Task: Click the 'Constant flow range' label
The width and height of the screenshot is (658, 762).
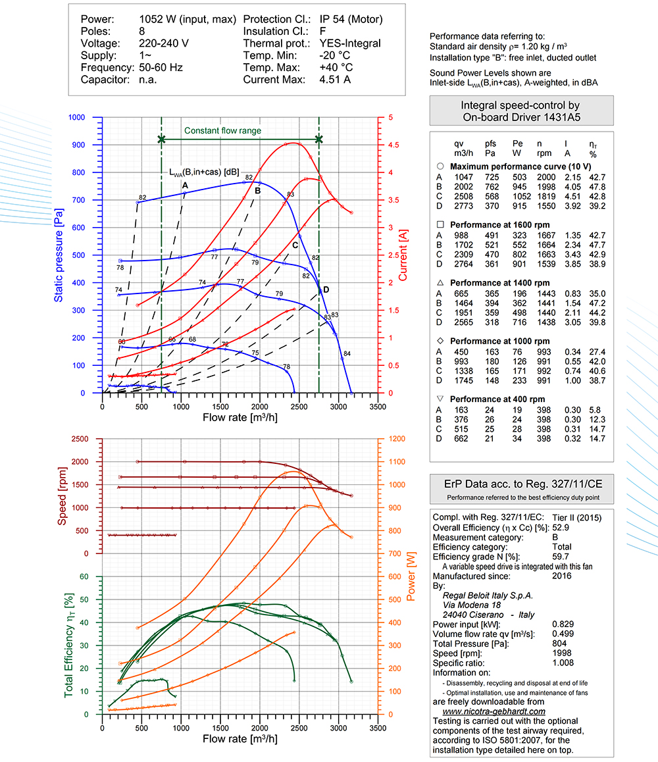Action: pyautogui.click(x=222, y=131)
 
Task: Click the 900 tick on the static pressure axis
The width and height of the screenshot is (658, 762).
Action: pyautogui.click(x=78, y=145)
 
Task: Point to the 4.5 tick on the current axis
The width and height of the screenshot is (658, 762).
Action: pyautogui.click(x=393, y=145)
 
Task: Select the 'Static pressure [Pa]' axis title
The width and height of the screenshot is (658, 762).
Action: pyautogui.click(x=59, y=255)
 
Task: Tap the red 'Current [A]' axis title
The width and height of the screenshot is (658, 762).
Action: pyautogui.click(x=403, y=255)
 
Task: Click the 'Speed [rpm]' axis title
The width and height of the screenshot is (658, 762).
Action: pyautogui.click(x=62, y=496)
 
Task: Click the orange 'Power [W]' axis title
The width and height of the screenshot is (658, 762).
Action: pyautogui.click(x=411, y=576)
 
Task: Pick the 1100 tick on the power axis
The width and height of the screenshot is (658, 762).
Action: pyautogui.click(x=397, y=462)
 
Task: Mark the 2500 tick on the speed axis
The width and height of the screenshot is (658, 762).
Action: pyautogui.click(x=80, y=439)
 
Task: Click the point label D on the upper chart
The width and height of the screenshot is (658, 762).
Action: pyautogui.click(x=326, y=290)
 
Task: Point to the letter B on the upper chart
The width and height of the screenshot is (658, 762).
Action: pyautogui.click(x=257, y=191)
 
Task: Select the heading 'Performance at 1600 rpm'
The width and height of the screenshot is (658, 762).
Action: pyautogui.click(x=499, y=225)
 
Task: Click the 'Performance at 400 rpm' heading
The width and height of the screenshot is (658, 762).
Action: pyautogui.click(x=497, y=399)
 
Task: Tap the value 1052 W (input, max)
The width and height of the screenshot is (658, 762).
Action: pyautogui.click(x=188, y=20)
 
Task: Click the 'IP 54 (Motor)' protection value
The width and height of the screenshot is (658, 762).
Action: pyautogui.click(x=351, y=20)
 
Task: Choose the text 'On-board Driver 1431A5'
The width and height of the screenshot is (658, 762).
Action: pyautogui.click(x=521, y=117)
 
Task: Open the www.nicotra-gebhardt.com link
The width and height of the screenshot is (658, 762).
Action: pyautogui.click(x=493, y=711)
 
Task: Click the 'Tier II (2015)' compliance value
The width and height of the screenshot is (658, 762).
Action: pyautogui.click(x=577, y=518)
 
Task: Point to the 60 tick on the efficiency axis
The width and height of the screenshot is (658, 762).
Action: pyautogui.click(x=84, y=576)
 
